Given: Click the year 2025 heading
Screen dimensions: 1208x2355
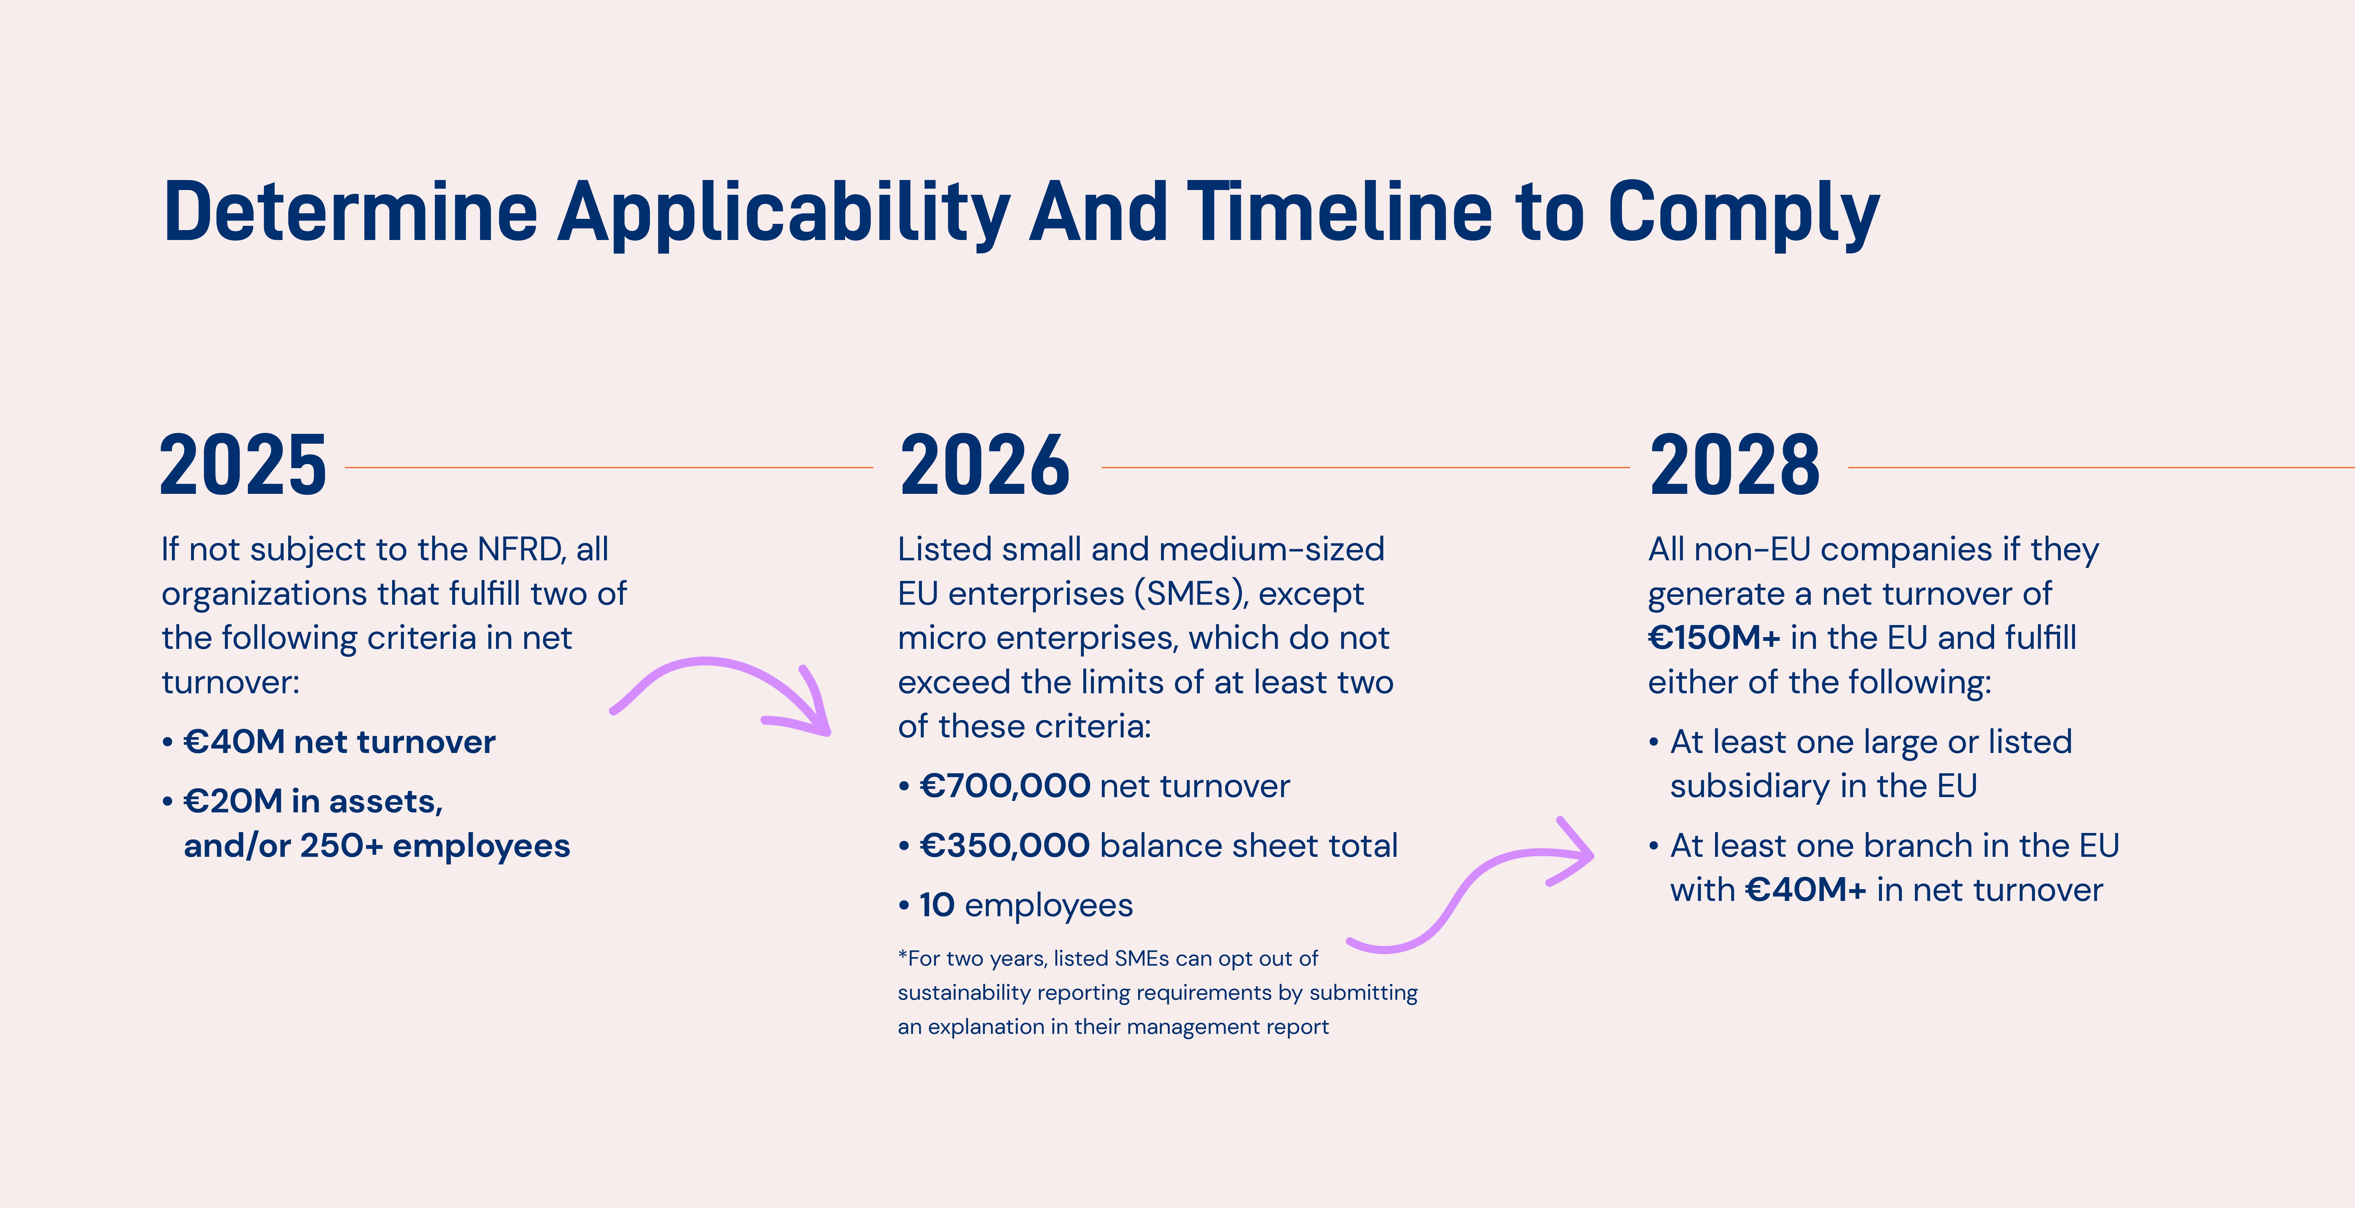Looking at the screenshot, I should click(x=243, y=466).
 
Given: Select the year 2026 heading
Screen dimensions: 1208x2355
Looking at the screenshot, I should click(x=985, y=466).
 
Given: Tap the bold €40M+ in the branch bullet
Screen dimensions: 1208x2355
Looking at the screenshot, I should click(x=1806, y=890).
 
